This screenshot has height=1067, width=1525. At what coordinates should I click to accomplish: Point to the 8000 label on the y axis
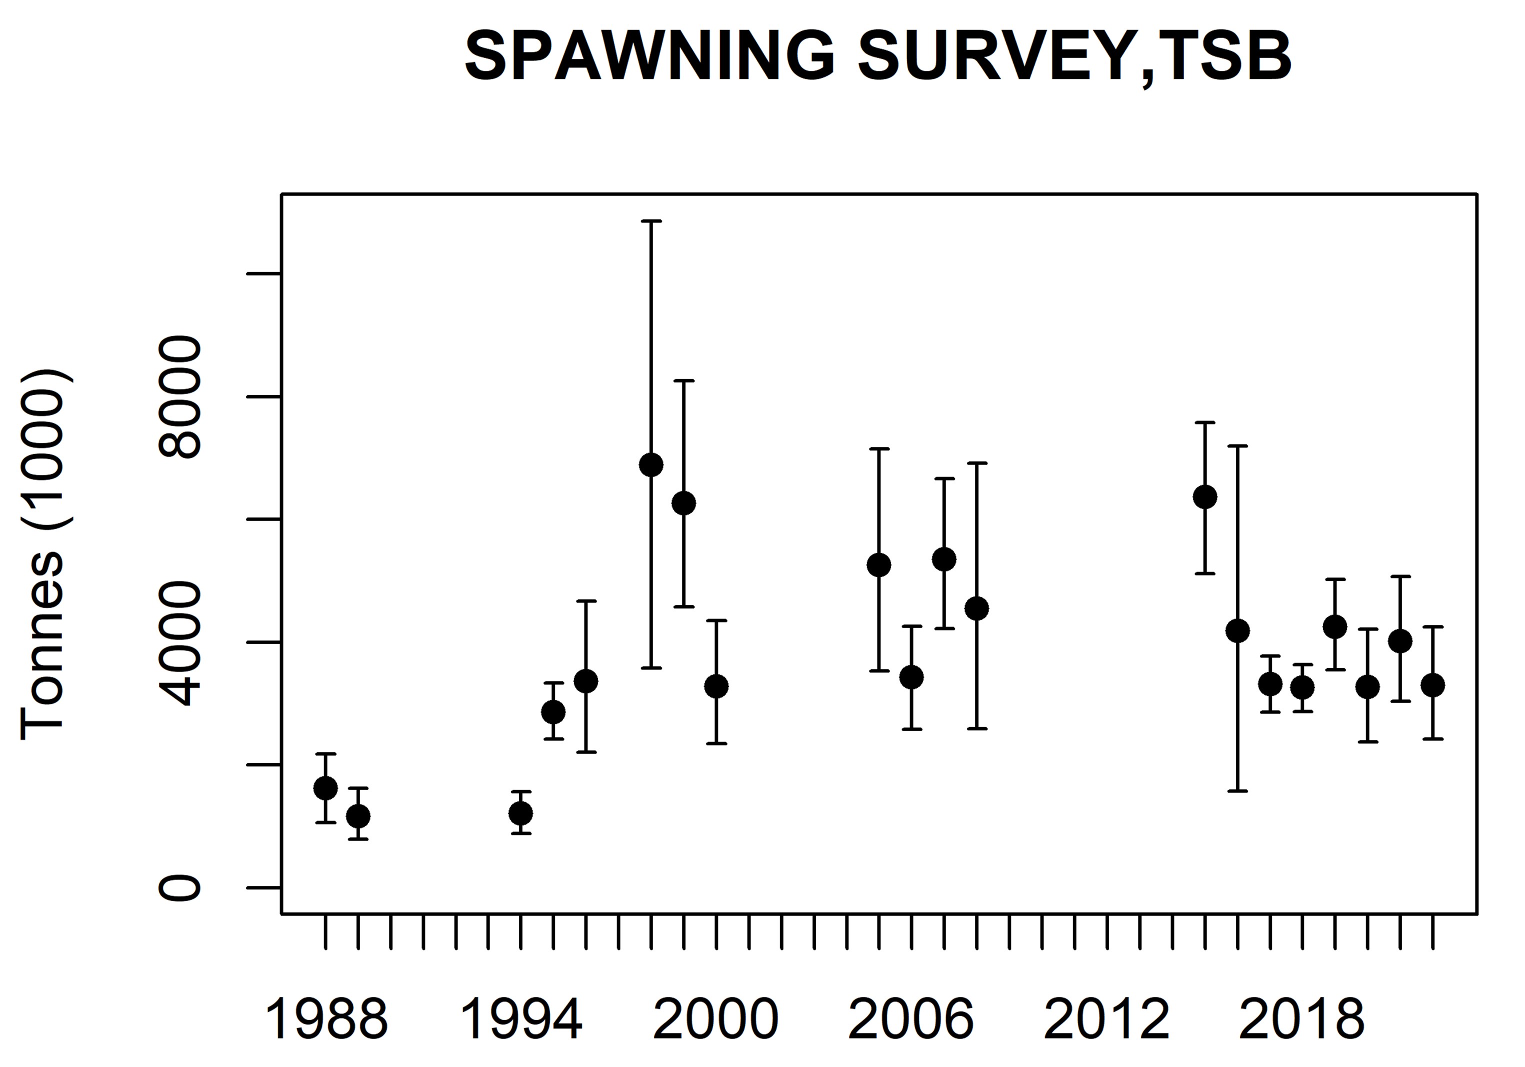[179, 397]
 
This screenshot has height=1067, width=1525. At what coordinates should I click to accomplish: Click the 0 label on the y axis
[179, 887]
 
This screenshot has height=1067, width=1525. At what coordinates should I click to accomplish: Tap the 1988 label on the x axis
[325, 1020]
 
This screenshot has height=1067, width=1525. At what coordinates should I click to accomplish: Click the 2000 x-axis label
[715, 1020]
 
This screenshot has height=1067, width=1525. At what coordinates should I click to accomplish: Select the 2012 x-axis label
[1106, 1020]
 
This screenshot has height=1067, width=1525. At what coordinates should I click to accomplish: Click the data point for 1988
[325, 788]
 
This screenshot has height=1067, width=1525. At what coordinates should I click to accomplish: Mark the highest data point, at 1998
[651, 464]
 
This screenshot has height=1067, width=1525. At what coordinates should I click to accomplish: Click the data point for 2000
[716, 686]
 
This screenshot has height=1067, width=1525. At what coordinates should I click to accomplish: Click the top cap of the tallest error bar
[651, 220]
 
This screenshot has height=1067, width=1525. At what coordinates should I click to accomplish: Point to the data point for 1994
[520, 813]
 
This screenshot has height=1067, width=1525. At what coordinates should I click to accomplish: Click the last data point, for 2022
[1432, 685]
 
